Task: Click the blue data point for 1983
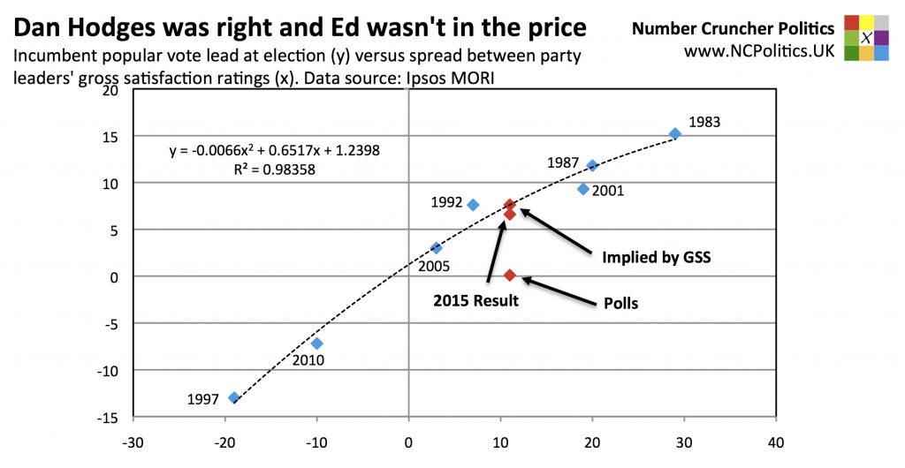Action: click(x=675, y=133)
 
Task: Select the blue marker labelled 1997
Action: click(x=234, y=397)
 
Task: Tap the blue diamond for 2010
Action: click(x=317, y=343)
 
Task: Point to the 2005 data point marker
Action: click(x=436, y=248)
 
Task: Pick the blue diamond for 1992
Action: click(x=473, y=205)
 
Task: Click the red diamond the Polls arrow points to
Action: click(x=510, y=276)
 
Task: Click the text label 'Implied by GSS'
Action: click(x=657, y=258)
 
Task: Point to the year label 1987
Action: click(x=563, y=163)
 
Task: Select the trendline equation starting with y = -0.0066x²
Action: click(x=274, y=150)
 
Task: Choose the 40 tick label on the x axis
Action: click(x=776, y=441)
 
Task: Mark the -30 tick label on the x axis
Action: click(x=133, y=441)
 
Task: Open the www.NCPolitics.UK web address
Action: click(x=758, y=51)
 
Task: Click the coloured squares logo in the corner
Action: click(x=867, y=38)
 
